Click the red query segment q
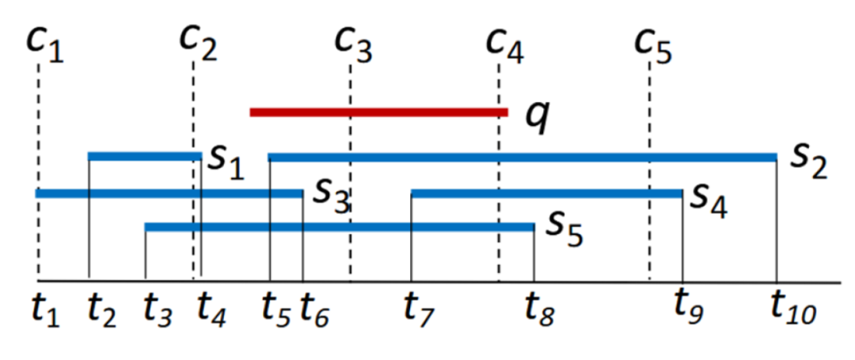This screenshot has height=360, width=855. pos(378,112)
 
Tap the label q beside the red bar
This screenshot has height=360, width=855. pos(538,117)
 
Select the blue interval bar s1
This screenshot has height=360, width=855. pos(145,156)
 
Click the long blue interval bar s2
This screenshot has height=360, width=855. pos(522,157)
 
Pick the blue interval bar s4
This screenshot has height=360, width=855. pos(546,193)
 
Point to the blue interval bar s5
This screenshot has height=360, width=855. pos(340,228)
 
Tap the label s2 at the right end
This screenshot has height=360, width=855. pos(807,162)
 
